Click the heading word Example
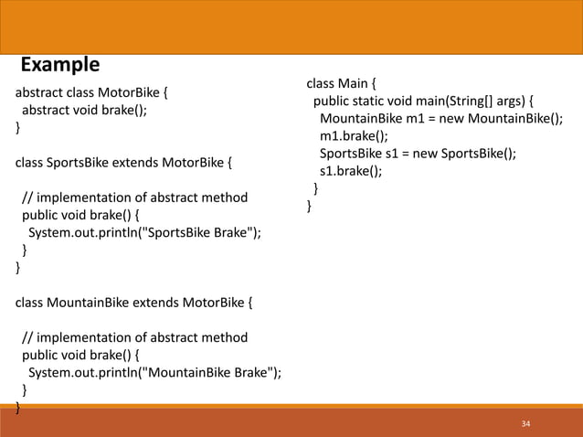(60, 65)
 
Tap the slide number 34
(525, 424)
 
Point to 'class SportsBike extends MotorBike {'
(123, 163)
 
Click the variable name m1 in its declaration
(413, 119)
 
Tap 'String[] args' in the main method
(486, 101)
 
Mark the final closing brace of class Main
(309, 207)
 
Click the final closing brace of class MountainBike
(16, 407)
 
